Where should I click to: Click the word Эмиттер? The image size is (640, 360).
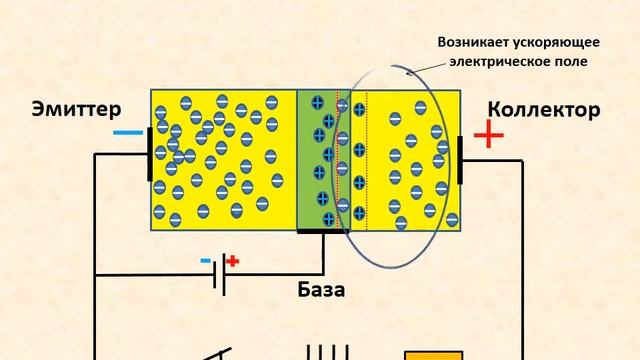[76, 108]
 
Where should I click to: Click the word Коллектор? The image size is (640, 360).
[544, 109]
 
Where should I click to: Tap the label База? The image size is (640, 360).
[322, 291]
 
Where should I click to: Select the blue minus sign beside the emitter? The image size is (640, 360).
[126, 132]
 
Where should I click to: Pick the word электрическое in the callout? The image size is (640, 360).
[490, 62]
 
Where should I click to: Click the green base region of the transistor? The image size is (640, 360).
[316, 160]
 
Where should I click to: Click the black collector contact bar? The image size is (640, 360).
[462, 160]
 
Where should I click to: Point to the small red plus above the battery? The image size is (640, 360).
[233, 262]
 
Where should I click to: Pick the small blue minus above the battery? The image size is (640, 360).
[206, 263]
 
